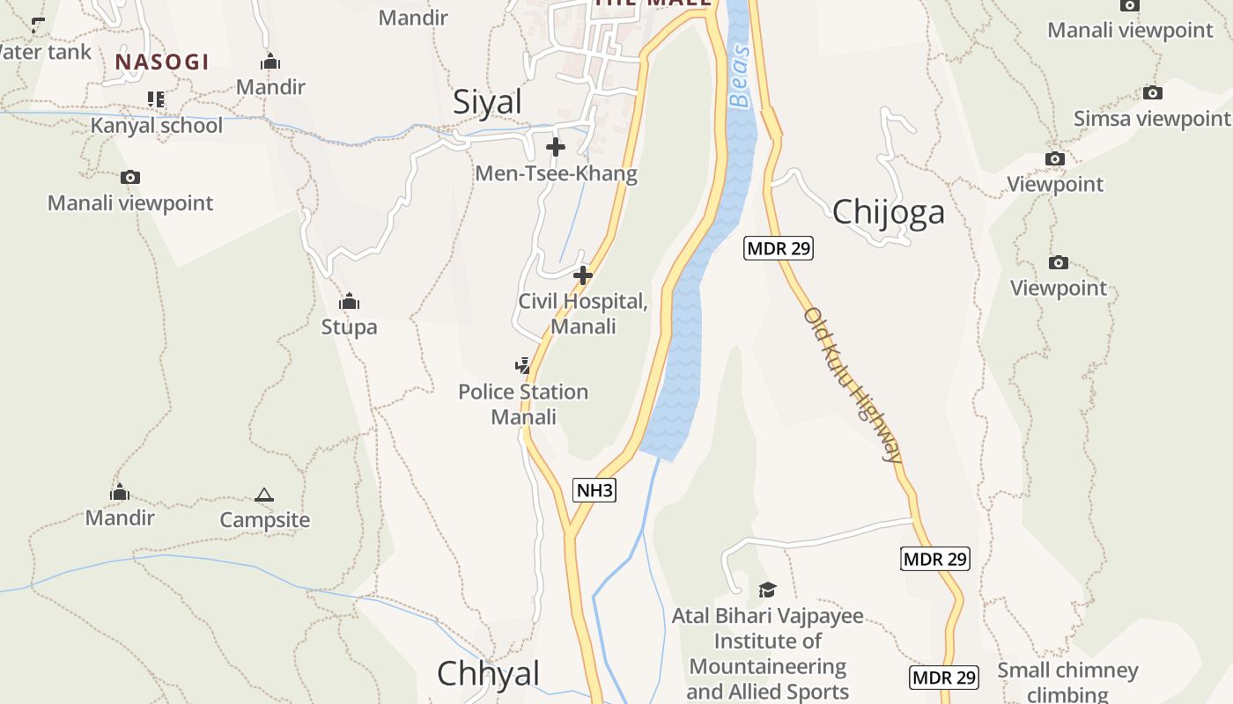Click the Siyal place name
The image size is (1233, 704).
pyautogui.click(x=487, y=102)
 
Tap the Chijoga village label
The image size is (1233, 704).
pyautogui.click(x=888, y=211)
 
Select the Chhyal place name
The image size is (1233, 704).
pyautogui.click(x=488, y=673)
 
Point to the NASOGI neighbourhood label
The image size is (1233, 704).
pyautogui.click(x=162, y=62)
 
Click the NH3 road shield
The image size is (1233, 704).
pyautogui.click(x=594, y=490)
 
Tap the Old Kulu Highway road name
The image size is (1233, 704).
pyautogui.click(x=853, y=385)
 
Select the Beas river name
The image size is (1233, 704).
pyautogui.click(x=741, y=76)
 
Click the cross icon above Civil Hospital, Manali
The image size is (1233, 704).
pyautogui.click(x=582, y=275)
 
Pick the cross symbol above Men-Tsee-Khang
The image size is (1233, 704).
pyautogui.click(x=556, y=147)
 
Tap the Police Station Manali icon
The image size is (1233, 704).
pyautogui.click(x=523, y=364)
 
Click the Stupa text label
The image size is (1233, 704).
pyautogui.click(x=349, y=327)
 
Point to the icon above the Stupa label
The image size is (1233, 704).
pyautogui.click(x=350, y=302)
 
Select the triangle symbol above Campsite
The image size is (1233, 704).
pyautogui.click(x=264, y=495)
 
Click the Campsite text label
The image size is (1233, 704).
pyautogui.click(x=265, y=520)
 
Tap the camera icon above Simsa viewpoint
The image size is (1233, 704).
pyautogui.click(x=1152, y=92)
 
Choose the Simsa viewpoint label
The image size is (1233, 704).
pyautogui.click(x=1152, y=118)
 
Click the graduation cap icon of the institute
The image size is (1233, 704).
pyautogui.click(x=767, y=590)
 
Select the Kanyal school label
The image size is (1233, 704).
pyautogui.click(x=157, y=125)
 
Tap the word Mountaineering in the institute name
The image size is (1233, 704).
pyautogui.click(x=767, y=666)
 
